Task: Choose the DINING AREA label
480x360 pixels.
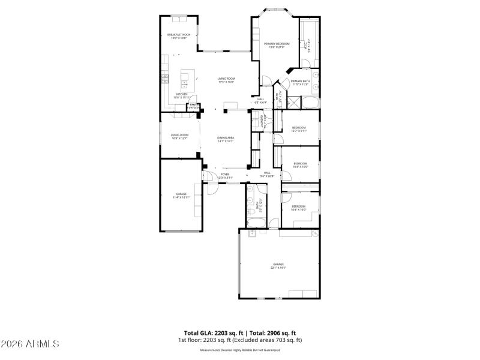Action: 226,139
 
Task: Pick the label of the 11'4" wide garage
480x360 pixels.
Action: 181,196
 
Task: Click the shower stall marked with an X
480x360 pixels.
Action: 278,103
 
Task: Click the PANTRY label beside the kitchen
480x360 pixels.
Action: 193,107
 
